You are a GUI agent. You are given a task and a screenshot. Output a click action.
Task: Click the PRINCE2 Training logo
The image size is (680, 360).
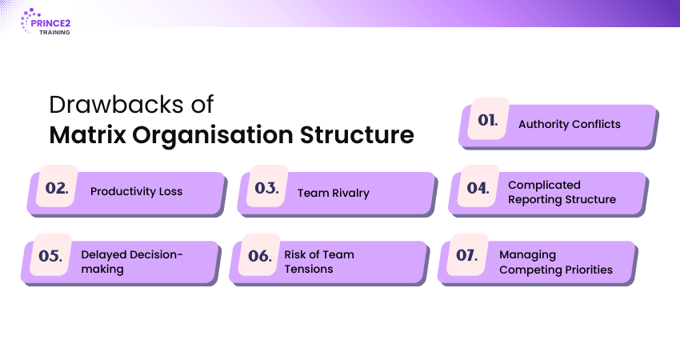click(x=46, y=22)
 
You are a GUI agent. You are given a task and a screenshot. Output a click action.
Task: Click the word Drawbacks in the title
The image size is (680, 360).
click(x=116, y=105)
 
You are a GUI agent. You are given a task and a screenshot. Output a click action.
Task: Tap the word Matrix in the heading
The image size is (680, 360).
click(x=88, y=134)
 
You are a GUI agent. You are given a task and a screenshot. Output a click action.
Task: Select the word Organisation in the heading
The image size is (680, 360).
click(x=213, y=135)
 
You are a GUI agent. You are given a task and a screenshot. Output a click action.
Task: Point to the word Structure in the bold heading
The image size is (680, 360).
click(x=357, y=134)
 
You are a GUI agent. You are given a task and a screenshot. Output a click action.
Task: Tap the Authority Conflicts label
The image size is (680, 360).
click(x=570, y=125)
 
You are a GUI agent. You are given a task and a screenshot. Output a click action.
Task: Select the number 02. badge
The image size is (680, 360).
click(x=58, y=186)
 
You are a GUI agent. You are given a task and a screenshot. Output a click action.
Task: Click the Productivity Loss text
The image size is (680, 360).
click(x=136, y=192)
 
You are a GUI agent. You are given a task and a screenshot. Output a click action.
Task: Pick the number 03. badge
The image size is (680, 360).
click(x=266, y=186)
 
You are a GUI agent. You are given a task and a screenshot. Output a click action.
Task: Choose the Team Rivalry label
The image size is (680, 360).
click(x=333, y=193)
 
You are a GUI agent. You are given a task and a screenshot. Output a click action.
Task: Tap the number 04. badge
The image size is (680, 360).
click(x=478, y=186)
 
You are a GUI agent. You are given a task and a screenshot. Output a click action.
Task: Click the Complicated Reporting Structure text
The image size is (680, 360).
click(x=562, y=192)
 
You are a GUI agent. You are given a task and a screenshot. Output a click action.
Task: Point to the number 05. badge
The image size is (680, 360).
click(x=50, y=254)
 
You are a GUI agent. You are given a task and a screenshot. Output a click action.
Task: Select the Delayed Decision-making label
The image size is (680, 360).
click(x=132, y=262)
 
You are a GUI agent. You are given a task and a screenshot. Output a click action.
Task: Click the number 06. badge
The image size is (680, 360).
click(x=260, y=254)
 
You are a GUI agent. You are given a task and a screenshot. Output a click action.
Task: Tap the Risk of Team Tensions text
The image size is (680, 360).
click(x=319, y=262)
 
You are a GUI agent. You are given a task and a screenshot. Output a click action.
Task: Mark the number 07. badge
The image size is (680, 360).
click(x=467, y=254)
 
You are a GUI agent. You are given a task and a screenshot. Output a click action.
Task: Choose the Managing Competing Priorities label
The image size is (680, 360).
click(x=555, y=262)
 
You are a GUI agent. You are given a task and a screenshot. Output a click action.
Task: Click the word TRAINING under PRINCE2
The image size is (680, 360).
click(x=54, y=33)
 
